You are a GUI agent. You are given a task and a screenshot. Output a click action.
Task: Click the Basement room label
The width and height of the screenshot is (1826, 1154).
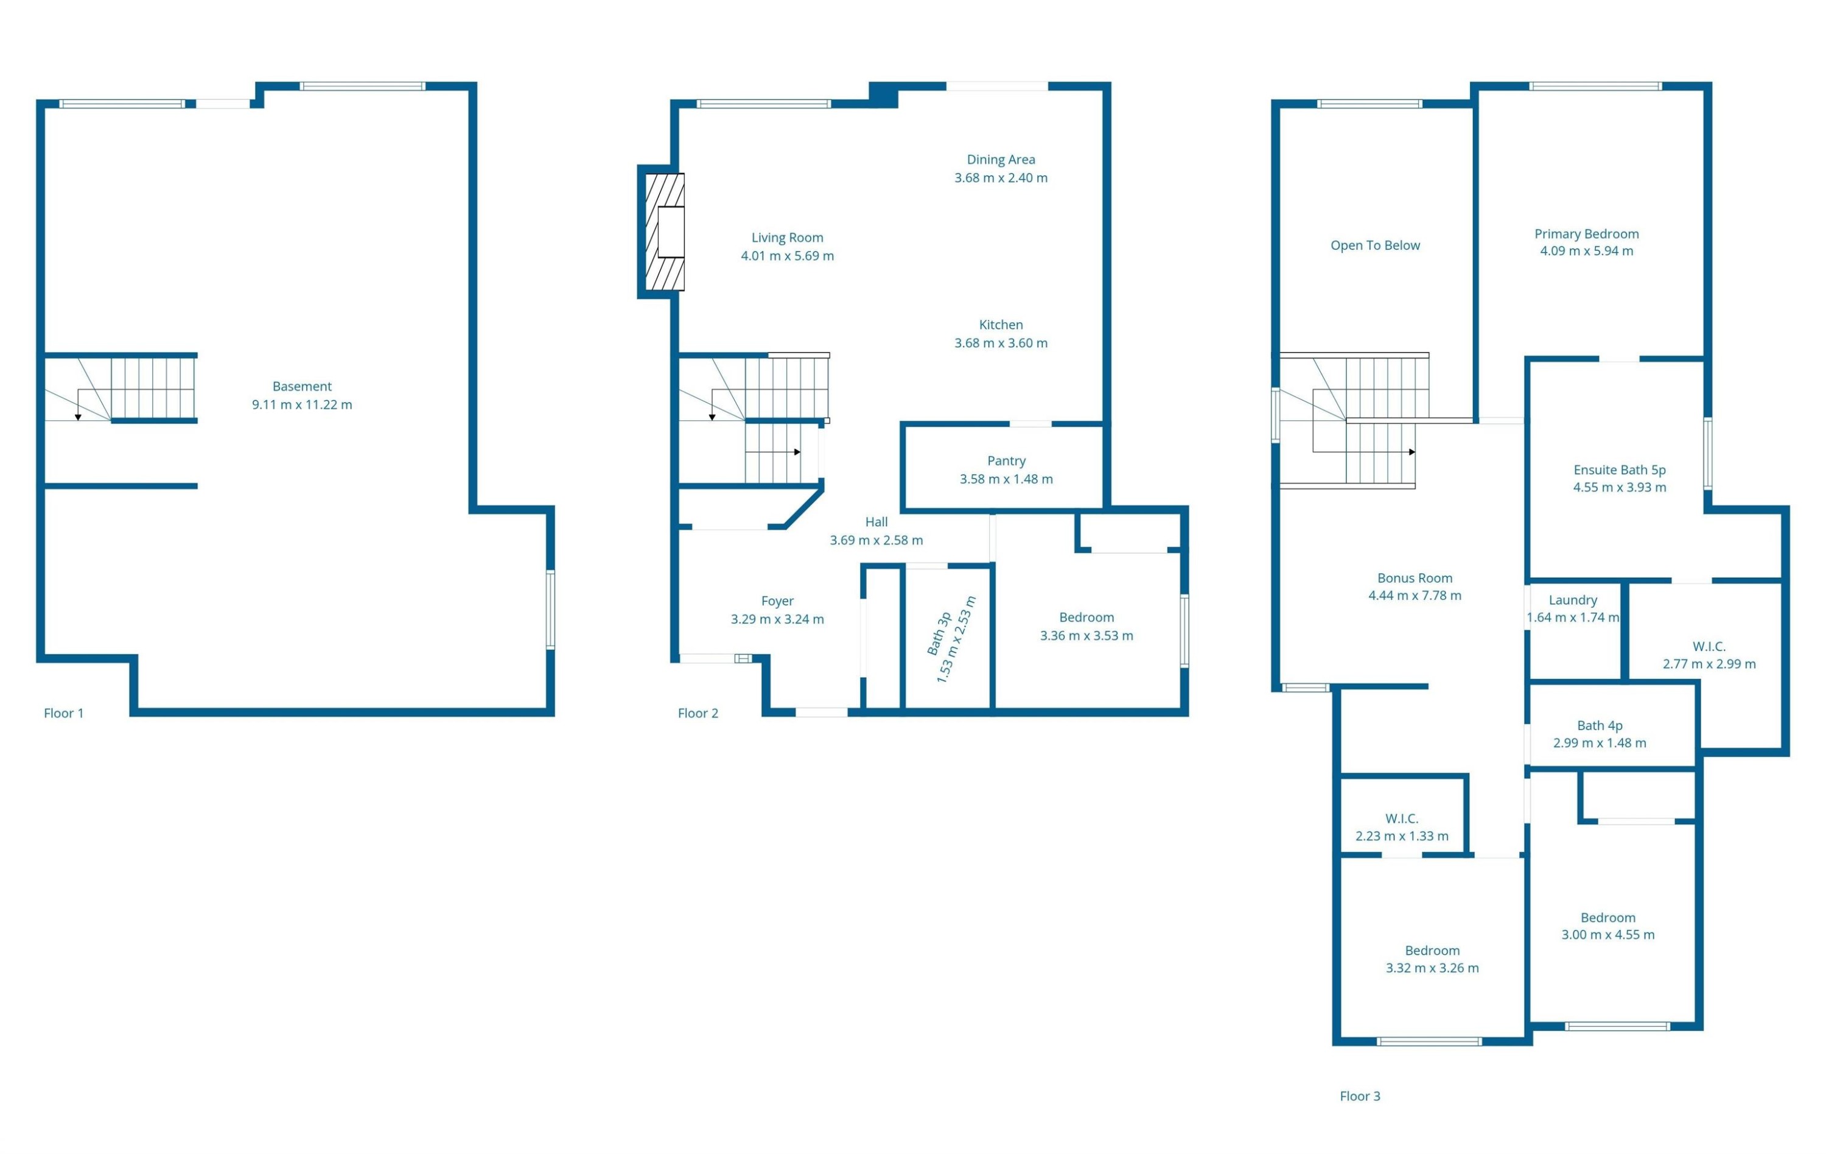[x=302, y=386]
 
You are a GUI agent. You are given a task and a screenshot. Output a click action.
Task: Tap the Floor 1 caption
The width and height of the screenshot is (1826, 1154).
[x=64, y=713]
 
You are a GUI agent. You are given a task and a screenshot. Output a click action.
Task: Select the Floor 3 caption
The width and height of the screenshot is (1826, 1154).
[x=1360, y=1096]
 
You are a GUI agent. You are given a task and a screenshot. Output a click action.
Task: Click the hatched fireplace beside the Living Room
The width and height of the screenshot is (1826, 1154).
[x=664, y=232]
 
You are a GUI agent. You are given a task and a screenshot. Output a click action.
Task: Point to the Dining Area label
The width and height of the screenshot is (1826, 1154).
[x=1001, y=160]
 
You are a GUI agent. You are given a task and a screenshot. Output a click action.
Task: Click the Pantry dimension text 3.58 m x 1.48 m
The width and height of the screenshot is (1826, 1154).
[x=1006, y=479]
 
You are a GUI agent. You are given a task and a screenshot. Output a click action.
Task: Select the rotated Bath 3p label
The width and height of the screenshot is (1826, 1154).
[x=939, y=635]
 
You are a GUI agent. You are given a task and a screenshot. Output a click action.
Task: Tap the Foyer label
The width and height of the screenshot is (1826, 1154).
[x=777, y=601]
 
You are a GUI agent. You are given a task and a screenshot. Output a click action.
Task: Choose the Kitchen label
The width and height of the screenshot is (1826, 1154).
[x=1001, y=325]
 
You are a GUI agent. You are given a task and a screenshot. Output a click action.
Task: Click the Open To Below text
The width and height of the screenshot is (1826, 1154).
[x=1375, y=245]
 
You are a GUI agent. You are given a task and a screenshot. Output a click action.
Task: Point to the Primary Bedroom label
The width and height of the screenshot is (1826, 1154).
[x=1586, y=234]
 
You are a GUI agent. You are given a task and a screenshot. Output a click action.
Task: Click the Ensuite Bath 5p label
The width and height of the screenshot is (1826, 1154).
[x=1620, y=470]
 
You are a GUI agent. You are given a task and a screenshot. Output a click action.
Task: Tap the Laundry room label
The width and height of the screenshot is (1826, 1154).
[x=1573, y=600]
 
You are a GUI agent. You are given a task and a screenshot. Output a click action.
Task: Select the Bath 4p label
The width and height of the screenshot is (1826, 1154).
[x=1600, y=725]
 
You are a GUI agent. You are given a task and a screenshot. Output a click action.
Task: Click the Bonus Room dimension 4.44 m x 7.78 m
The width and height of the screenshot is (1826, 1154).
[x=1415, y=596]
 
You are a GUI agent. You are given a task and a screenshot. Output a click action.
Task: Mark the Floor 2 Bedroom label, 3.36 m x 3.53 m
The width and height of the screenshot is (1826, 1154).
[x=1086, y=617]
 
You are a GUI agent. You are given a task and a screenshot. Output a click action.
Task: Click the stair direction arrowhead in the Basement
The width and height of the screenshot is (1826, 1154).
[x=78, y=417]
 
